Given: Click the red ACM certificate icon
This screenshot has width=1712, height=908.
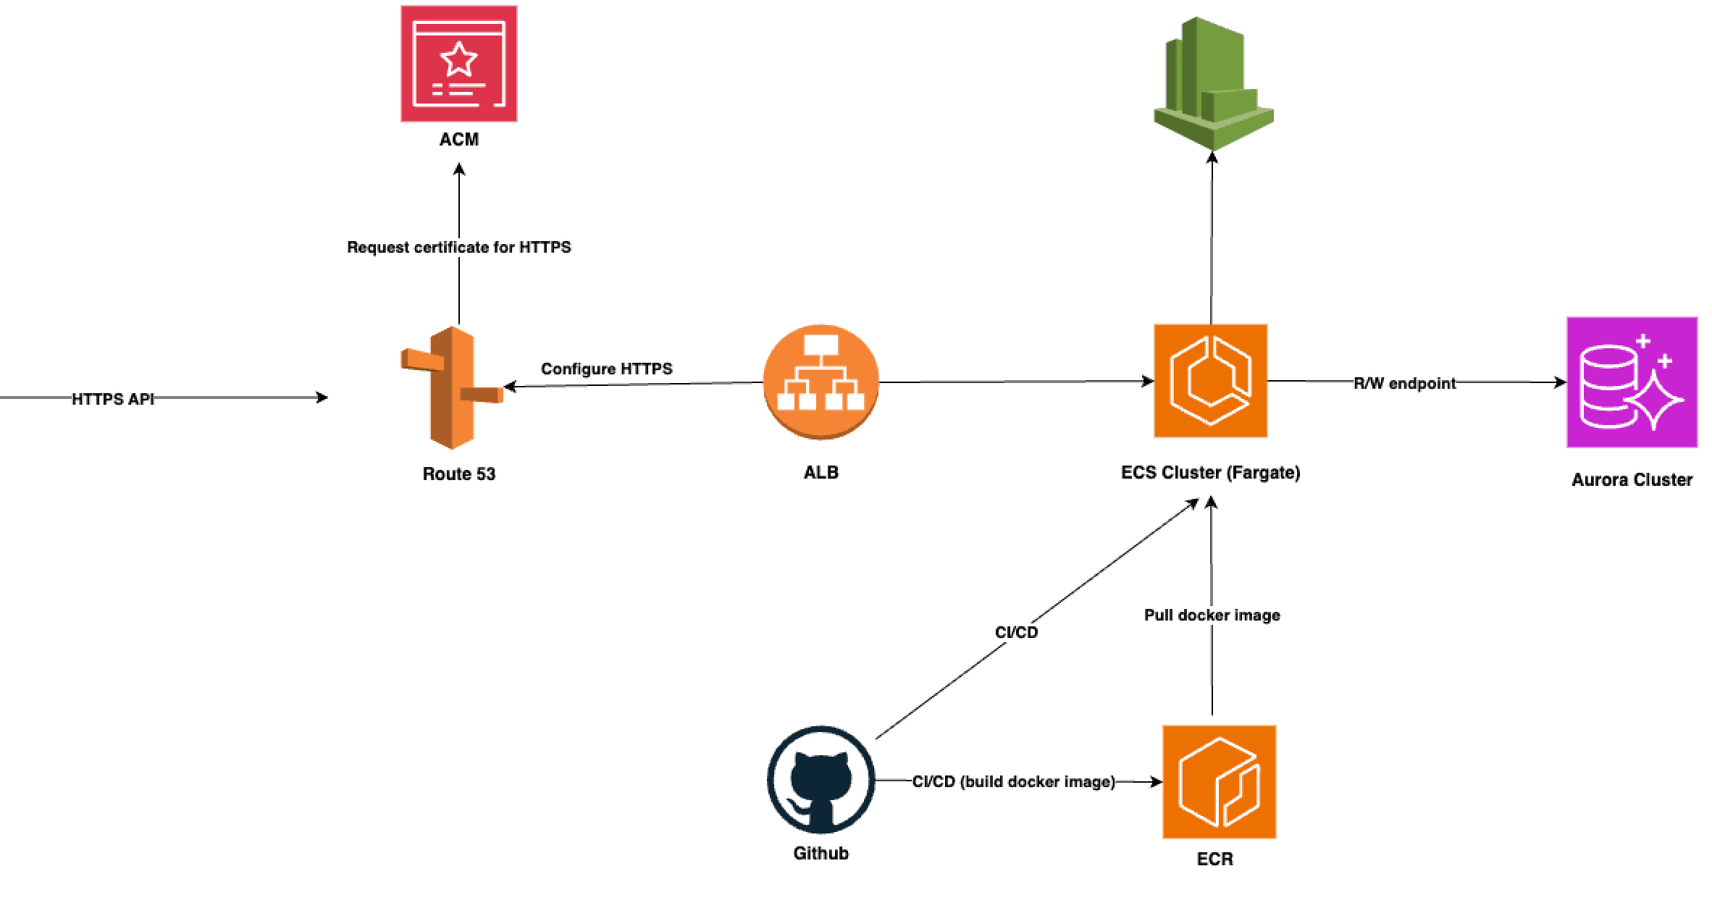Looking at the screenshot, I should pyautogui.click(x=458, y=64).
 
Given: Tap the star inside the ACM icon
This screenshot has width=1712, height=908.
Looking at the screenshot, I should pyautogui.click(x=458, y=59).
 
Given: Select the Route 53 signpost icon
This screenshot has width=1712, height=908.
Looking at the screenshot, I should pyautogui.click(x=452, y=388).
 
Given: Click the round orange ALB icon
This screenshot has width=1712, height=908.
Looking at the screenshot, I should pyautogui.click(x=821, y=382).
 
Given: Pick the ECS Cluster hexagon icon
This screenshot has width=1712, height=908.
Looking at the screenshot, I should pyautogui.click(x=1210, y=381).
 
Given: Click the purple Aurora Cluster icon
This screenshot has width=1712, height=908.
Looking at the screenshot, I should pyautogui.click(x=1632, y=382).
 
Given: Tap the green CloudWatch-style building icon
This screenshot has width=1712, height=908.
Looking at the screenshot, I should pyautogui.click(x=1213, y=83).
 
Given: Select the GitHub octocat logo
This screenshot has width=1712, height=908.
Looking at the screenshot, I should pyautogui.click(x=821, y=781).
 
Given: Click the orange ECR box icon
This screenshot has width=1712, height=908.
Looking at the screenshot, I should pyautogui.click(x=1219, y=782).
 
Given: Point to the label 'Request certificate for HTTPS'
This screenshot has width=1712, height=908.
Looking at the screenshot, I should pyautogui.click(x=458, y=248).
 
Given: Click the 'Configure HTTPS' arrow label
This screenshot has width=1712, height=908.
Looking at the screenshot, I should pyautogui.click(x=606, y=369).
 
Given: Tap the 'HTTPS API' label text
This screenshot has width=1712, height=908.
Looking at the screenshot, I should pyautogui.click(x=113, y=399).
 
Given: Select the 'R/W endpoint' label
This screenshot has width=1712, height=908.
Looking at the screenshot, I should pyautogui.click(x=1404, y=384).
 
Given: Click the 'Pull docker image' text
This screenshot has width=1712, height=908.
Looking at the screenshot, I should pyautogui.click(x=1212, y=615).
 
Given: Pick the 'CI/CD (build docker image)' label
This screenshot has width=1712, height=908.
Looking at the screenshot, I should pyautogui.click(x=1013, y=782).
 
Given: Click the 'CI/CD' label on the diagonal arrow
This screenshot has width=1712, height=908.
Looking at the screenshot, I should pyautogui.click(x=1016, y=633).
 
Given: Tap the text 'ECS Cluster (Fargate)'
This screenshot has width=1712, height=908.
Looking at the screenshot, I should pyautogui.click(x=1210, y=473).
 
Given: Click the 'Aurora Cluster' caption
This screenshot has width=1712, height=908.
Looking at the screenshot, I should pyautogui.click(x=1632, y=480).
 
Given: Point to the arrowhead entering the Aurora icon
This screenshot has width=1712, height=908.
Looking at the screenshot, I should pyautogui.click(x=1560, y=382).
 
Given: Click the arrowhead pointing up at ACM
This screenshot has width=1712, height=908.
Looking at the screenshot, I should pyautogui.click(x=458, y=169).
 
